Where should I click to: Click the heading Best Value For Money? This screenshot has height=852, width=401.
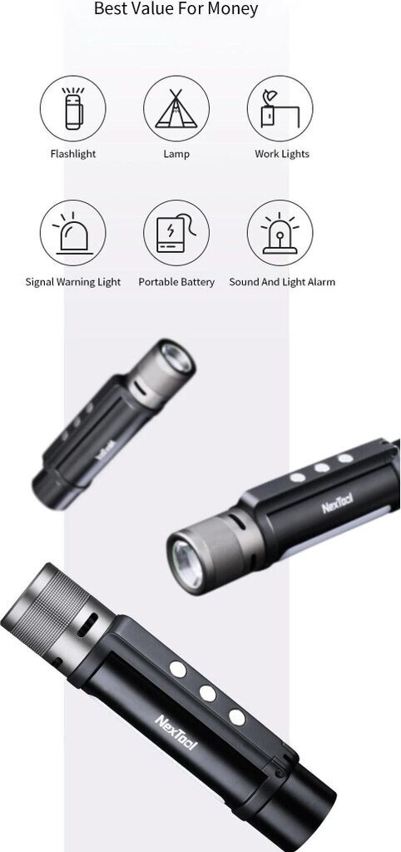tap(176, 8)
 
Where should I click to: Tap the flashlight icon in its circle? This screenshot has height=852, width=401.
tap(73, 108)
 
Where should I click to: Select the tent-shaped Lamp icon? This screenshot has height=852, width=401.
tap(176, 108)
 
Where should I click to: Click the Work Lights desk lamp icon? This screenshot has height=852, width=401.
tap(280, 108)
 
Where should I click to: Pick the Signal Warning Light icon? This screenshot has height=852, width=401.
tap(73, 233)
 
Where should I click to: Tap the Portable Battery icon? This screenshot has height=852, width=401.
tap(176, 233)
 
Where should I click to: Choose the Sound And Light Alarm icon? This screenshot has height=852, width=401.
tap(280, 233)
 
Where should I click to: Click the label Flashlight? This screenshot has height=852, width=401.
tap(73, 154)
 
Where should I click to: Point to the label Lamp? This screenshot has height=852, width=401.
tap(176, 154)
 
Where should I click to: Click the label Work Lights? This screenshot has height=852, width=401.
tap(282, 154)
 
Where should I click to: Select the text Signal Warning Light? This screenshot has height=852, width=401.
tap(73, 282)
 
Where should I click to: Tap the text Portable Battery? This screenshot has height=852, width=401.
tap(176, 282)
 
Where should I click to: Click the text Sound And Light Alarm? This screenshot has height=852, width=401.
tap(282, 282)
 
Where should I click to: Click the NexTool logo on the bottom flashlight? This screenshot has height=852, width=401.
tap(176, 732)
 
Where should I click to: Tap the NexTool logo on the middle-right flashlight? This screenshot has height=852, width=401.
tap(338, 503)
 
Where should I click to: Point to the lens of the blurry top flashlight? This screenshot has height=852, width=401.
tap(176, 358)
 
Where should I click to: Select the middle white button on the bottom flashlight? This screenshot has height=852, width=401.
tap(207, 693)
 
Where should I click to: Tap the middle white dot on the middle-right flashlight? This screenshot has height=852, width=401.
tap(322, 468)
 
